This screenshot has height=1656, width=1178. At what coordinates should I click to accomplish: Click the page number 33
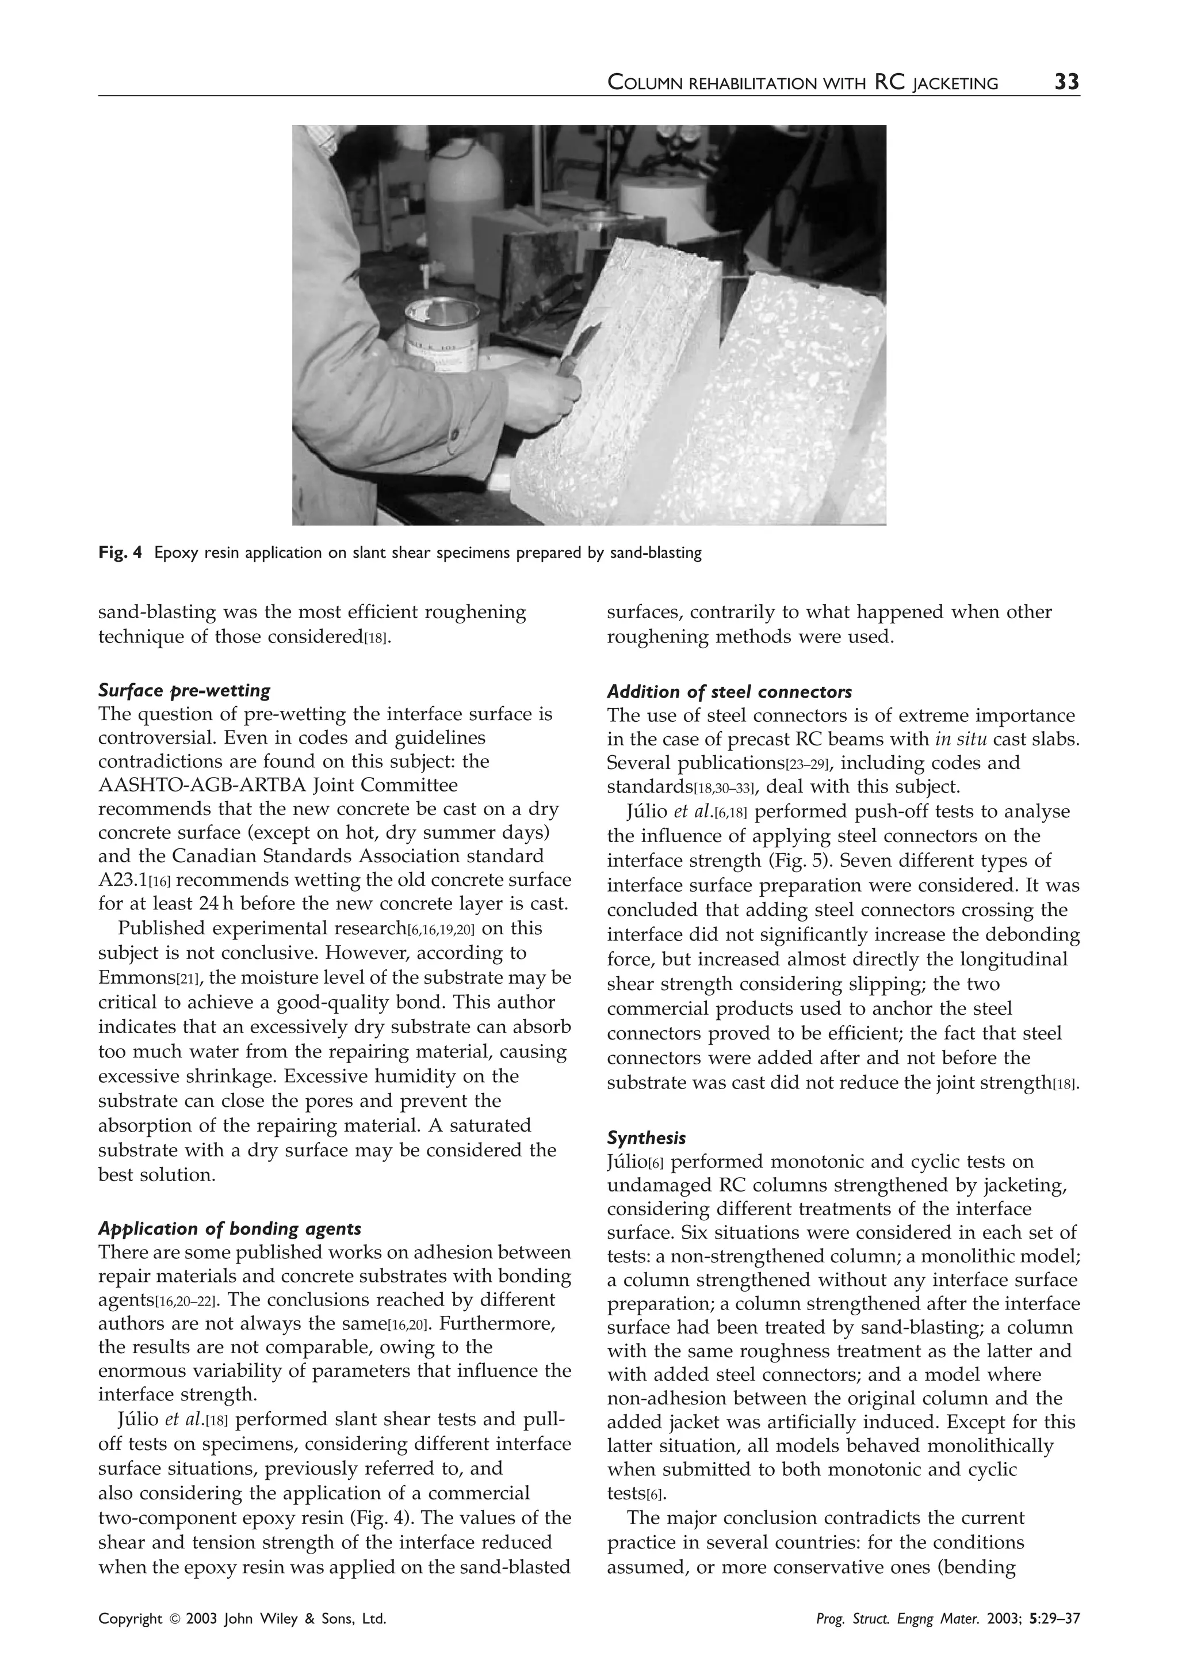pyautogui.click(x=1066, y=82)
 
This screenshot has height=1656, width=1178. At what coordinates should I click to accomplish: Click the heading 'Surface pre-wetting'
pyautogui.click(x=184, y=690)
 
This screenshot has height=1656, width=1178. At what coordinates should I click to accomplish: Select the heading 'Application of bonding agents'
pyautogui.click(x=230, y=1228)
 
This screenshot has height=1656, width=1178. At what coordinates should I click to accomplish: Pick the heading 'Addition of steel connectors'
pyautogui.click(x=729, y=691)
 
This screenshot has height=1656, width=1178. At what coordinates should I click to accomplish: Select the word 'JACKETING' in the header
pyautogui.click(x=955, y=83)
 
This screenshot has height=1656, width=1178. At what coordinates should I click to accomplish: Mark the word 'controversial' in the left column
pyautogui.click(x=159, y=738)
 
